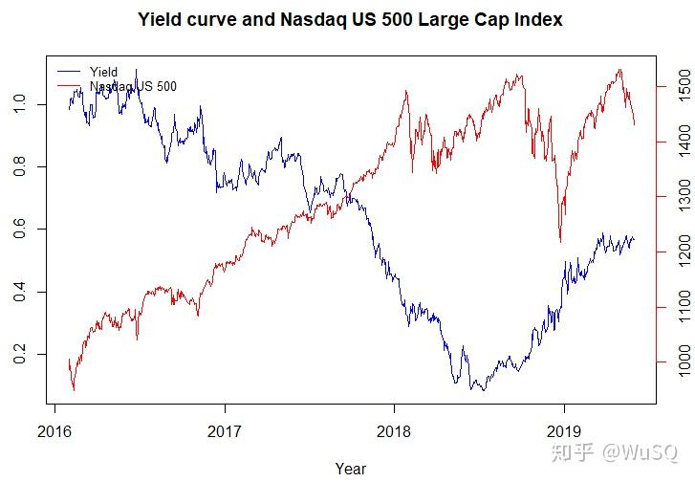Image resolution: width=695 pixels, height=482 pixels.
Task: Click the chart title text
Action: pyautogui.click(x=350, y=19)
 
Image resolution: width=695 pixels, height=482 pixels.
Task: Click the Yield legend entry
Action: pyautogui.click(x=103, y=72)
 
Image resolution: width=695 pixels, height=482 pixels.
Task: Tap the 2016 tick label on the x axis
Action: pyautogui.click(x=54, y=431)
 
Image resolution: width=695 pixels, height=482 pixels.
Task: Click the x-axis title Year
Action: pyautogui.click(x=350, y=469)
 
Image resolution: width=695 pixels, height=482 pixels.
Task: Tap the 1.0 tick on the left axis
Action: pyautogui.click(x=21, y=104)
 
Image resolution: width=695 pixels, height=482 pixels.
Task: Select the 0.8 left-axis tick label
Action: pyautogui.click(x=21, y=166)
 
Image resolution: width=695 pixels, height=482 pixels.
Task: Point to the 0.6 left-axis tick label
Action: pyautogui.click(x=21, y=230)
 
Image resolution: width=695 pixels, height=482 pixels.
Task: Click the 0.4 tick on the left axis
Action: pyautogui.click(x=21, y=292)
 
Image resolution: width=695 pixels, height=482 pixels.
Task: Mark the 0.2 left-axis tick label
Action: pyautogui.click(x=21, y=355)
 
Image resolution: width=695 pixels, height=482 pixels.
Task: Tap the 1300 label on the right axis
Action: pyautogui.click(x=682, y=197)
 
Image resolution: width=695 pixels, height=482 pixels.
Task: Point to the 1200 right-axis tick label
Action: pyautogui.click(x=682, y=252)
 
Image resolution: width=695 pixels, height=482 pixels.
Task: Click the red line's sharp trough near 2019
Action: pyautogui.click(x=560, y=241)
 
